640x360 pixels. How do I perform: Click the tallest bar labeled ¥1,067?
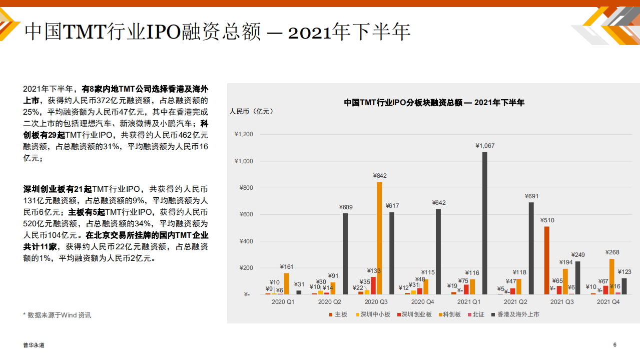485,223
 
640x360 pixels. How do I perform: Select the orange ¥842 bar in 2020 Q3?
379,238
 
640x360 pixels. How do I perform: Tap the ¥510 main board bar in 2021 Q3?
547,260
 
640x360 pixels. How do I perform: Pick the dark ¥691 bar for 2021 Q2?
531,248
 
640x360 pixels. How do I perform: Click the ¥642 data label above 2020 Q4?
438,203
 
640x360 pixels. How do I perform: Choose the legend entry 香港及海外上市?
515,314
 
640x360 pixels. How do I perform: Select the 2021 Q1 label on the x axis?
469,302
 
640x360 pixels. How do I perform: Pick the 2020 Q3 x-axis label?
376,302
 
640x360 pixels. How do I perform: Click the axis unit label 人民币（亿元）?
253,111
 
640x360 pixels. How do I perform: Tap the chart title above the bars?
434,102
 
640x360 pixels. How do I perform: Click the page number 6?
614,344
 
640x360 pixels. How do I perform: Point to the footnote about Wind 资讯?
57,315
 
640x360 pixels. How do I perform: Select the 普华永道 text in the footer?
34,345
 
